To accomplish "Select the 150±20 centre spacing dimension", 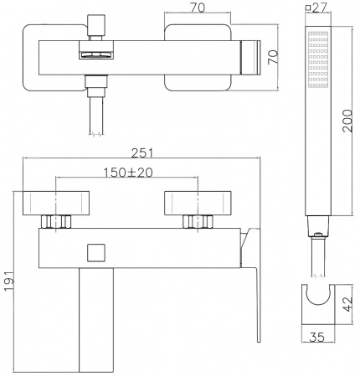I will tap(127, 172).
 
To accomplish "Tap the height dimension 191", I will tap(9, 281).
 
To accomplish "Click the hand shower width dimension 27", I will tap(319, 8).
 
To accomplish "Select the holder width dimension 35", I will tap(317, 338).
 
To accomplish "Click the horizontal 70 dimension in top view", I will tap(198, 8).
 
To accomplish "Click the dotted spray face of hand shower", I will tap(319, 60).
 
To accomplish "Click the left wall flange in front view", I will tap(54, 203).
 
